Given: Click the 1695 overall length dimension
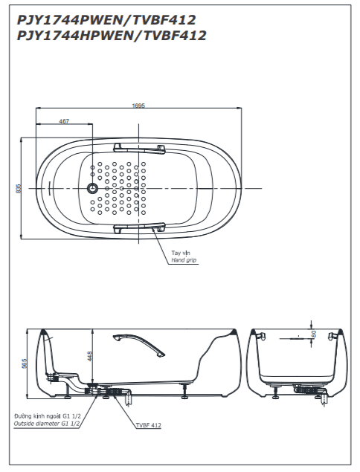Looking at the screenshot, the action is point(138,106).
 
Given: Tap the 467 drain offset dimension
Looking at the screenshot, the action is point(64,121).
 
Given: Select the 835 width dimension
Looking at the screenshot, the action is point(19,189).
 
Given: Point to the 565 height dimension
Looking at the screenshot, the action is point(25,363).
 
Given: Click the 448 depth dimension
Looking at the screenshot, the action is point(90,356).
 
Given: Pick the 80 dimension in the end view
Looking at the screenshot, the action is point(314,334).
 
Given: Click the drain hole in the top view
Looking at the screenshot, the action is point(92,189).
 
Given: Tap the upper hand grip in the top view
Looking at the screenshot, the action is point(140,149).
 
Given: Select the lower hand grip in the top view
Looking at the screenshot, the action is point(140,227).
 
